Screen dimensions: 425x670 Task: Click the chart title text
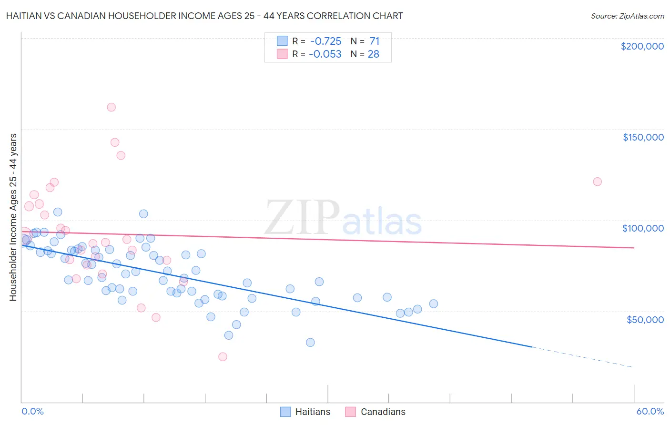[204, 16]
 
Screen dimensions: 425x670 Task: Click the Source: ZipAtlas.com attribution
[627, 16]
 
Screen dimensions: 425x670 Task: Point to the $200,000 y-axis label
[642, 46]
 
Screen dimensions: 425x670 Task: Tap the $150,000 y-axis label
[643, 137]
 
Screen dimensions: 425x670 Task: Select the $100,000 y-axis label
[643, 228]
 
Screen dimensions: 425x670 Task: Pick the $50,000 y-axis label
[645, 319]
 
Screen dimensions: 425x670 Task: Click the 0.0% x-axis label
[32, 411]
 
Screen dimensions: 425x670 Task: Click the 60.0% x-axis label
[650, 411]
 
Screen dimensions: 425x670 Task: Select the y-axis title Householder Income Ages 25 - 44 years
[13, 217]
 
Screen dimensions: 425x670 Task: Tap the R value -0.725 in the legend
[325, 41]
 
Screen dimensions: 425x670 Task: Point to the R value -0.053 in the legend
[325, 54]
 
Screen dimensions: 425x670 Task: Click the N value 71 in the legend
[374, 41]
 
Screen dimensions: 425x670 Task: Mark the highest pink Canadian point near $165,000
[111, 107]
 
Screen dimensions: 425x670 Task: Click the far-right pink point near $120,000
[597, 182]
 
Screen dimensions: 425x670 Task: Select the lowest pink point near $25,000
[223, 357]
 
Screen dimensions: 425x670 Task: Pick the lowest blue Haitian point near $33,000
[310, 343]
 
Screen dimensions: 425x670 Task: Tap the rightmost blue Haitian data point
[434, 304]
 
